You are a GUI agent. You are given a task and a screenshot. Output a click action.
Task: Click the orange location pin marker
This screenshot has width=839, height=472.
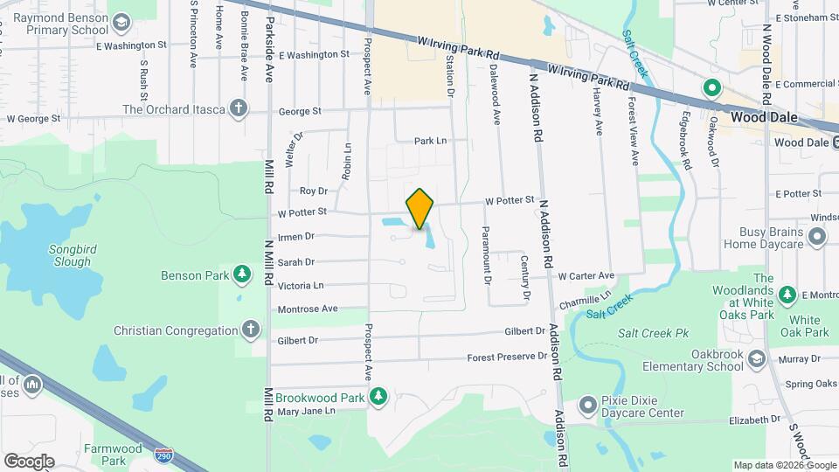pos(420,208)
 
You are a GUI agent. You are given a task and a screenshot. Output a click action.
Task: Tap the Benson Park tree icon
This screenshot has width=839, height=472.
pos(242,275)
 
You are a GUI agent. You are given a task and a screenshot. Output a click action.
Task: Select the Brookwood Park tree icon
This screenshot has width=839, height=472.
pos(378,398)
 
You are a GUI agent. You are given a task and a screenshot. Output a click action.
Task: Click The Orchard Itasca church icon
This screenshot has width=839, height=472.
pos(238,109)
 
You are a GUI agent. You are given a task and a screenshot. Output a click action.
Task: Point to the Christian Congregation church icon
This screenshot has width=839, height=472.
pos(251,330)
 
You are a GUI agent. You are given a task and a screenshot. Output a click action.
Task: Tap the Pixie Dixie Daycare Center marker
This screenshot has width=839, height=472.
pos(590,405)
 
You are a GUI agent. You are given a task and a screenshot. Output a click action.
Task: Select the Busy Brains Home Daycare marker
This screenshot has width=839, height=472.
pos(817,237)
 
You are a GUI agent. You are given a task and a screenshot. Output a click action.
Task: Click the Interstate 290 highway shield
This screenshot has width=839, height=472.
pos(163,455)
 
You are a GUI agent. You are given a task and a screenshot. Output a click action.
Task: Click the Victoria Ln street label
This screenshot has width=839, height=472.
pos(301,285)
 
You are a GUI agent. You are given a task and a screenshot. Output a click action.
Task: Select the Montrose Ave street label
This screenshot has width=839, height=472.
pos(308,309)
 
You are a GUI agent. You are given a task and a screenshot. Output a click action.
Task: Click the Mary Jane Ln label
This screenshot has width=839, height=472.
pos(306,410)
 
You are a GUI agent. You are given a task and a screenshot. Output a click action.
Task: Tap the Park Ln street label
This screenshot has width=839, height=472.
pos(430,140)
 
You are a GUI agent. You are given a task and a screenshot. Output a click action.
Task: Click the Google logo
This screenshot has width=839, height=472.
pos(29,461)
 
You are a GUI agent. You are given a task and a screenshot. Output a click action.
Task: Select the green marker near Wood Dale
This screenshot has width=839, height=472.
pos(712,87)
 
